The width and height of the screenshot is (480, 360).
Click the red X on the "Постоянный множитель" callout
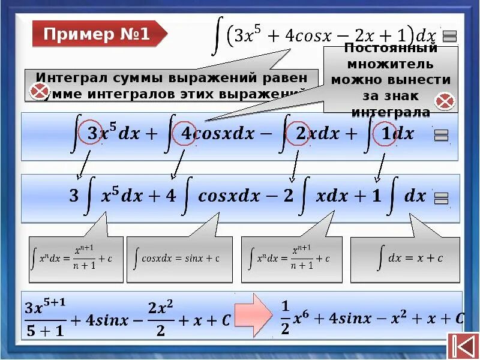coord(445,101)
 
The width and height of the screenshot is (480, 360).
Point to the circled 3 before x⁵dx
coord(92,133)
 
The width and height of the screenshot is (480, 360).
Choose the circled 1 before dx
coord(385,133)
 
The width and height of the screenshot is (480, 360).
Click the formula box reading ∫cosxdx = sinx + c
coord(179,259)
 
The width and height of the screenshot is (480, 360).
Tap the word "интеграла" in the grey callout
coord(391,112)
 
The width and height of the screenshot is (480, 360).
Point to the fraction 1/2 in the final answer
coord(285,319)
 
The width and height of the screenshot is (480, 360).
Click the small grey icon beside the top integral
coord(450,36)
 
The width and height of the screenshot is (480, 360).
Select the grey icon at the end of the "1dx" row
coord(440,135)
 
